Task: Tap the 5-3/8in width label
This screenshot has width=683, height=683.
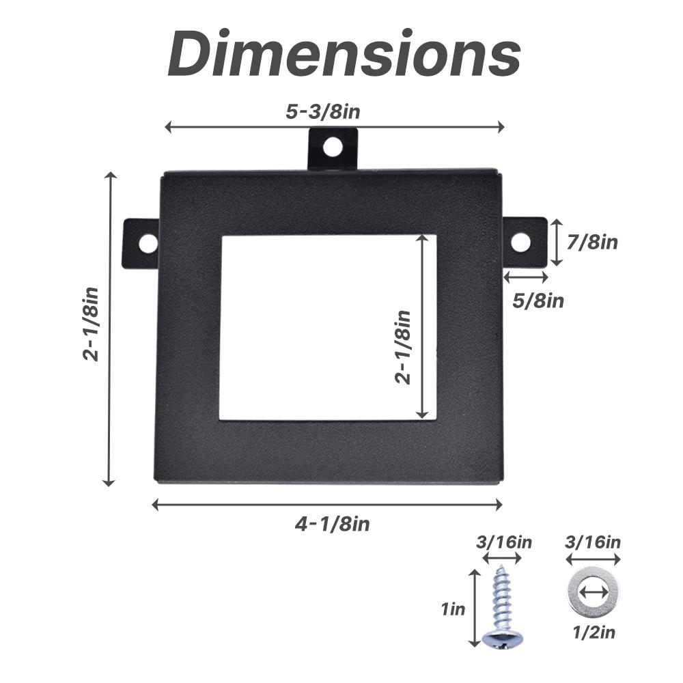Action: click(x=323, y=112)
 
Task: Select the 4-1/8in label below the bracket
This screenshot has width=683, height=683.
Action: click(x=332, y=524)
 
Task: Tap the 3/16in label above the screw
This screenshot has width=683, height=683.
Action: click(x=504, y=543)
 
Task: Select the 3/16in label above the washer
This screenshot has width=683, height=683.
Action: click(x=593, y=543)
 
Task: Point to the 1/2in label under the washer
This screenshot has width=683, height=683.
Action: click(x=593, y=632)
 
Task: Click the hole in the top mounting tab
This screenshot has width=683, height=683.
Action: click(x=333, y=146)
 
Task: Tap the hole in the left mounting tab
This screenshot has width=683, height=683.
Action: click(x=148, y=242)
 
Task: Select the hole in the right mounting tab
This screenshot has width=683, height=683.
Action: click(x=520, y=242)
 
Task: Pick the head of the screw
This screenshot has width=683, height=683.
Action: click(x=502, y=639)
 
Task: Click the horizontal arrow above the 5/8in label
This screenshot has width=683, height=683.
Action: click(x=526, y=277)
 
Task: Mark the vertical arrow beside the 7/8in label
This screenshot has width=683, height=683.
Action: click(x=557, y=242)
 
